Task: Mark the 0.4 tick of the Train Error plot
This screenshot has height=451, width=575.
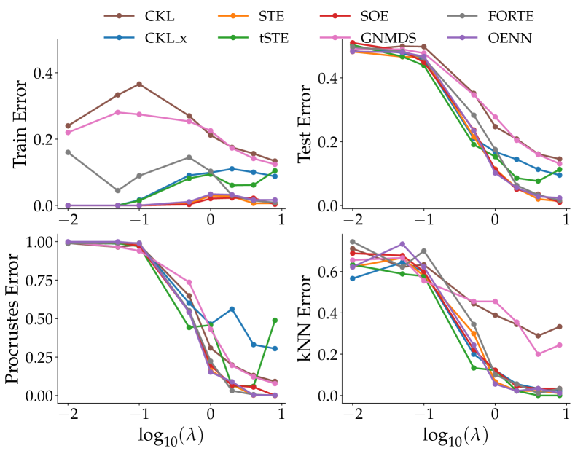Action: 40,74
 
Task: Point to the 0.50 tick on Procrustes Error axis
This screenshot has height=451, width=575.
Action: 36,318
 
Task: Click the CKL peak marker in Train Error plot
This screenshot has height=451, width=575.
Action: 138,84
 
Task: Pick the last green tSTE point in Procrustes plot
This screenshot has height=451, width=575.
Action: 274,320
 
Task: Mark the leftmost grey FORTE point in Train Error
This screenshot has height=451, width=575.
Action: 68,152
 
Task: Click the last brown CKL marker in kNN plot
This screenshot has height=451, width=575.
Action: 559,326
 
